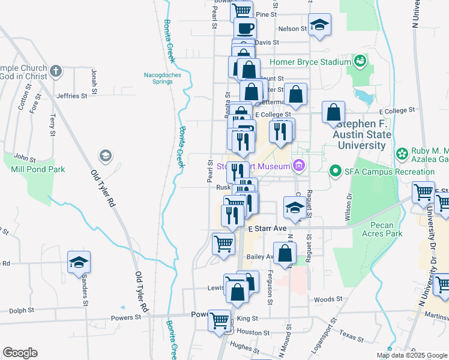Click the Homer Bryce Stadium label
pos(310,62)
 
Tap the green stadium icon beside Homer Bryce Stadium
pos(360,61)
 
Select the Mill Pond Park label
pos(38,169)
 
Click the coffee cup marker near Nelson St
pos(244,28)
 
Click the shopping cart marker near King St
pos(219,319)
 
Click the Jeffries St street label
pos(72,96)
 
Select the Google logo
pos(20,353)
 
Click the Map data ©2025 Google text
pos(412,355)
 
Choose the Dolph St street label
pos(21,311)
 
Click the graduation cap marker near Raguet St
pos(294,208)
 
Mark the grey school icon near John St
pos(105,156)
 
